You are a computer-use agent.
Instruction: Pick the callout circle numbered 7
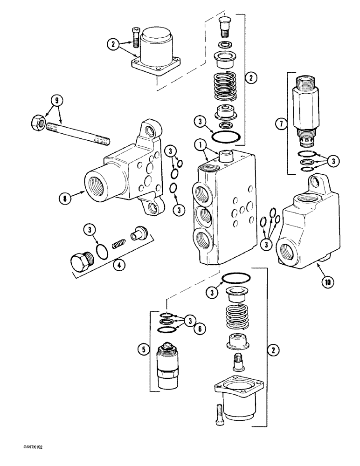[x=280, y=124]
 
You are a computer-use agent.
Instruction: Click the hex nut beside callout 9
[x=37, y=123]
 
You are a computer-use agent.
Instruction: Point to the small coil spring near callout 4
[x=119, y=243]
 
